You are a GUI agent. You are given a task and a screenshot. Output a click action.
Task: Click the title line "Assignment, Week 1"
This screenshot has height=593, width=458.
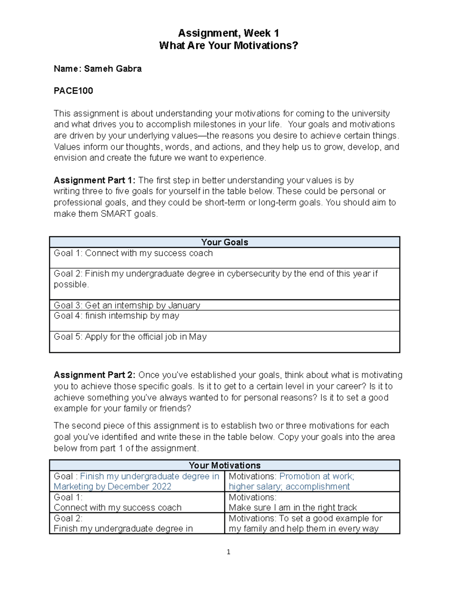tap(228, 33)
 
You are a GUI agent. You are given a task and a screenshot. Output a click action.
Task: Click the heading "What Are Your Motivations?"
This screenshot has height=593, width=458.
tap(228, 46)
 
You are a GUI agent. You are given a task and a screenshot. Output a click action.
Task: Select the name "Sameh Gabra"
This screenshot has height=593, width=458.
tap(113, 69)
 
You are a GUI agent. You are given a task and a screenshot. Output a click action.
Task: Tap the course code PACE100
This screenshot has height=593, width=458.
tap(73, 91)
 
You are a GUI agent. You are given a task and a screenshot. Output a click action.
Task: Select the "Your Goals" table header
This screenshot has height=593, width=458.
tap(224, 242)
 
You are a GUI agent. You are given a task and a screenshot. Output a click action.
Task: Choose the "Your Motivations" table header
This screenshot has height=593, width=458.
tap(224, 465)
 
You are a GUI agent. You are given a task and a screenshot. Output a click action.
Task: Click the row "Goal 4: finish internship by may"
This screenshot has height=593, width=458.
tap(116, 316)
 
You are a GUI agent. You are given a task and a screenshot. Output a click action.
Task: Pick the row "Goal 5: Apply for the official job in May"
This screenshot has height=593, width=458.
tap(130, 337)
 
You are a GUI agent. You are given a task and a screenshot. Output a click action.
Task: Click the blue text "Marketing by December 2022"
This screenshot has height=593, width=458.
tap(113, 486)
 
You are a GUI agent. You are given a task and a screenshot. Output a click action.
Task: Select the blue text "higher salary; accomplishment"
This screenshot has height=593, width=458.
tap(289, 486)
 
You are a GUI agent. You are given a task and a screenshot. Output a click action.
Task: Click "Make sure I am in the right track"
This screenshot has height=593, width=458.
tap(293, 507)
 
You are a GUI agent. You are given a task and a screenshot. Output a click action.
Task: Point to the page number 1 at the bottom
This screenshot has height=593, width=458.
tap(228, 552)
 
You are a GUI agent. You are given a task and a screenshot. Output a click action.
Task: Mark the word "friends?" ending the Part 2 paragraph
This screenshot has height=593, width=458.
tap(176, 409)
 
